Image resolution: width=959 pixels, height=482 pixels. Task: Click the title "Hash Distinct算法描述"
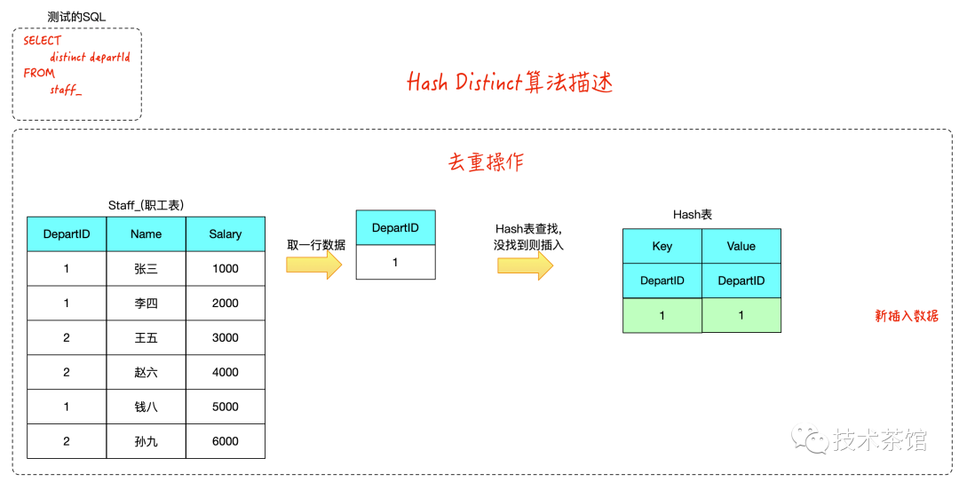pyautogui.click(x=510, y=83)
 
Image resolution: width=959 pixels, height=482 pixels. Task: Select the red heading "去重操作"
pyautogui.click(x=486, y=162)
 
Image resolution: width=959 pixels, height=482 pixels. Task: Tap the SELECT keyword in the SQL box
pyautogui.click(x=42, y=41)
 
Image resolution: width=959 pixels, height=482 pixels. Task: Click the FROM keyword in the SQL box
pyautogui.click(x=39, y=73)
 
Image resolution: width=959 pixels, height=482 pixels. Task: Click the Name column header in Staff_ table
pyautogui.click(x=146, y=233)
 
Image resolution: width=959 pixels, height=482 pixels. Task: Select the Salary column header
pyautogui.click(x=225, y=233)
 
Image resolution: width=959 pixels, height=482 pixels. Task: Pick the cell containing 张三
pyautogui.click(x=146, y=268)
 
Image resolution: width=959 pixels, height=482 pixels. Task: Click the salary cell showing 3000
pyautogui.click(x=225, y=337)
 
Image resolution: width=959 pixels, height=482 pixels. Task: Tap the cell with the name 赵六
pyautogui.click(x=146, y=372)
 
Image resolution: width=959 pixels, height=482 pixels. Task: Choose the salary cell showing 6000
pyautogui.click(x=225, y=441)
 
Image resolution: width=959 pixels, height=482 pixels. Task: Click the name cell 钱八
pyautogui.click(x=146, y=407)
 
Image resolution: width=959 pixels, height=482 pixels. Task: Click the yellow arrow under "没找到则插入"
pyautogui.click(x=525, y=265)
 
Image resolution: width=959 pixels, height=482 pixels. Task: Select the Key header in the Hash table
pyautogui.click(x=662, y=246)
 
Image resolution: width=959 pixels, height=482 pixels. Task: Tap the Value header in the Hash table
pyautogui.click(x=741, y=246)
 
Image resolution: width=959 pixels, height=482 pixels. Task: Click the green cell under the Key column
pyautogui.click(x=662, y=315)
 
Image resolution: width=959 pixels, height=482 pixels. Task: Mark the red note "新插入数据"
pyautogui.click(x=906, y=316)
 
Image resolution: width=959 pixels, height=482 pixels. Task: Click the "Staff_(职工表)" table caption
pyautogui.click(x=146, y=205)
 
